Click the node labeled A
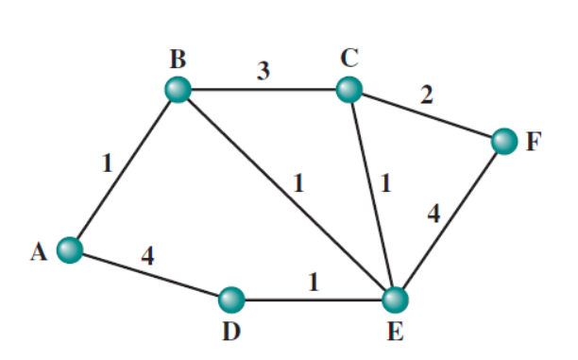tap(69, 249)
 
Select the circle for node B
tap(177, 90)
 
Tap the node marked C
tap(349, 90)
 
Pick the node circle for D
tap(230, 300)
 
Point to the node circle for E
tap(397, 300)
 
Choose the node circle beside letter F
tap(504, 143)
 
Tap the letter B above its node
tap(178, 60)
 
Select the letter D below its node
tap(230, 332)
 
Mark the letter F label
tap(535, 144)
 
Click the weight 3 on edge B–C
tap(264, 72)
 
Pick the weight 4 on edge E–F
tap(433, 214)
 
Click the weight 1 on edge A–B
tap(107, 163)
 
